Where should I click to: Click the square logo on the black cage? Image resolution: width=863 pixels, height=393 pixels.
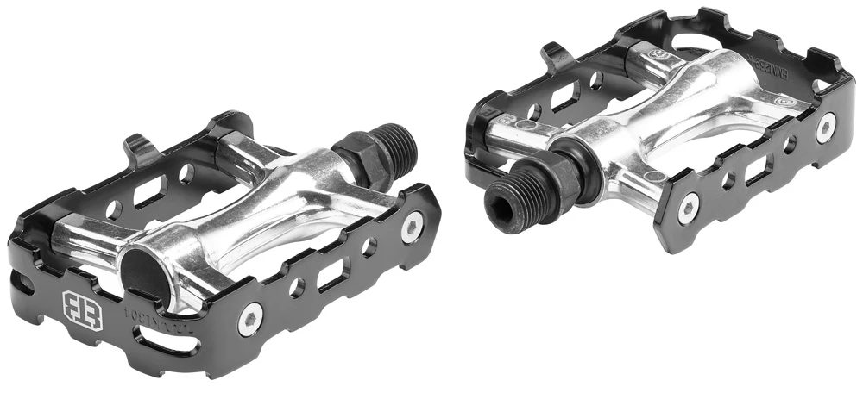tap(82, 309)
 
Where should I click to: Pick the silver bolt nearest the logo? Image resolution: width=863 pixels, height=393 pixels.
tap(249, 319)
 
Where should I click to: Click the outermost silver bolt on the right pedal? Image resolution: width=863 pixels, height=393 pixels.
tap(826, 126)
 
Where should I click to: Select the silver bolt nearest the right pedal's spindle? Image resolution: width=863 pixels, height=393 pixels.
tap(688, 206)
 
